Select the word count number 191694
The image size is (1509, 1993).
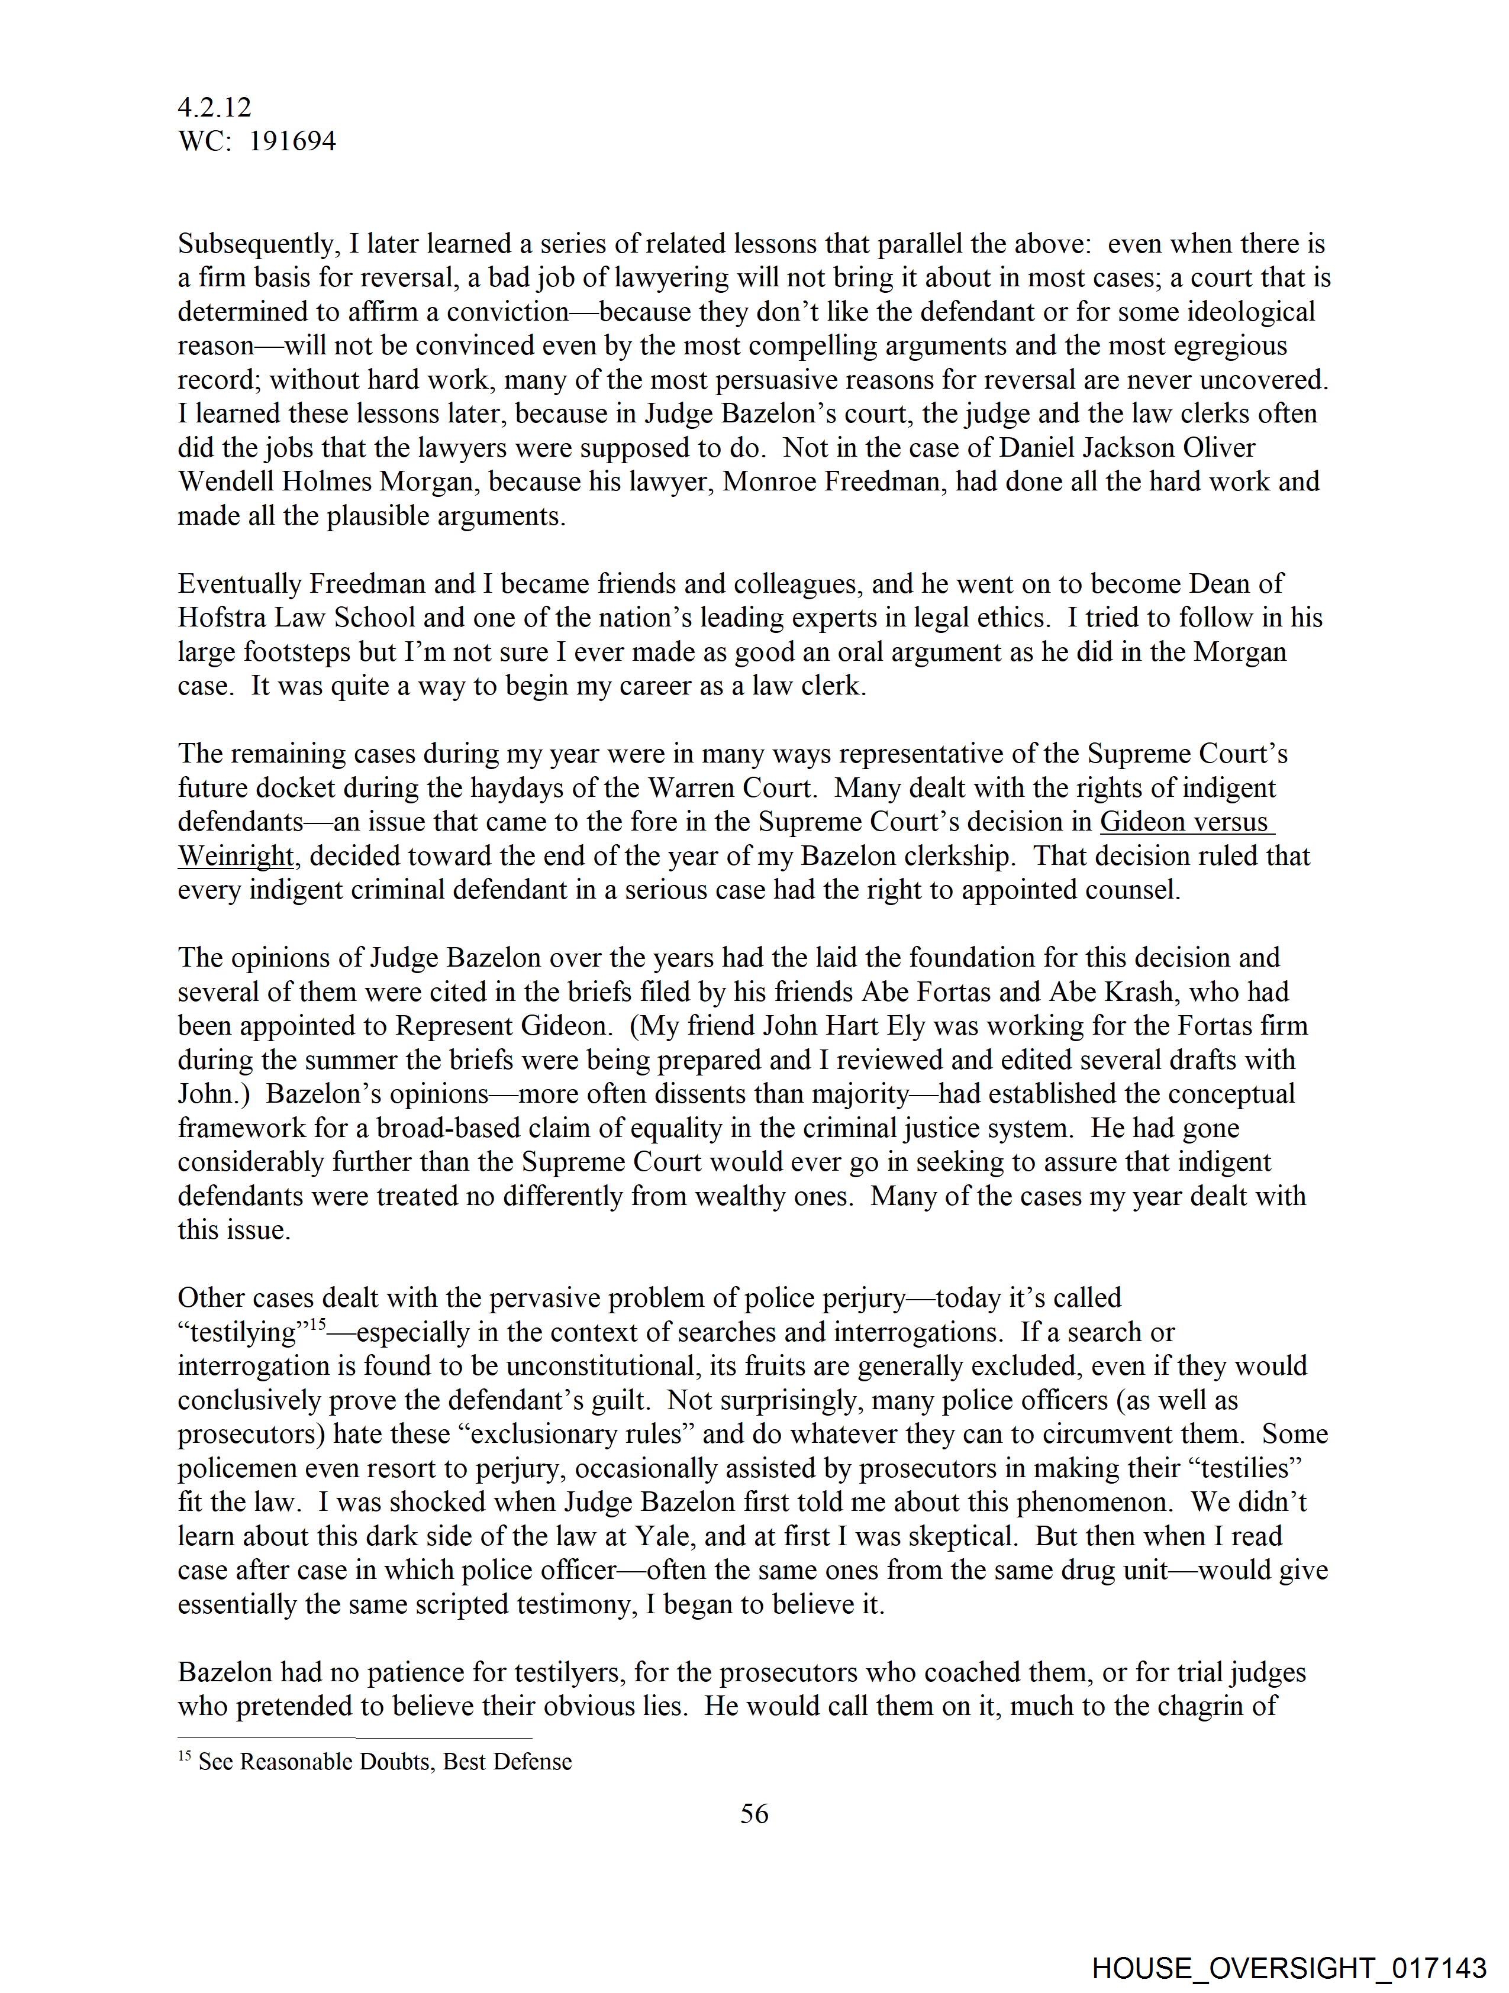click(292, 141)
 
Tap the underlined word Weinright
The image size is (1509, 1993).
click(236, 856)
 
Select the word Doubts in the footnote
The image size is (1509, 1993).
click(395, 1762)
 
